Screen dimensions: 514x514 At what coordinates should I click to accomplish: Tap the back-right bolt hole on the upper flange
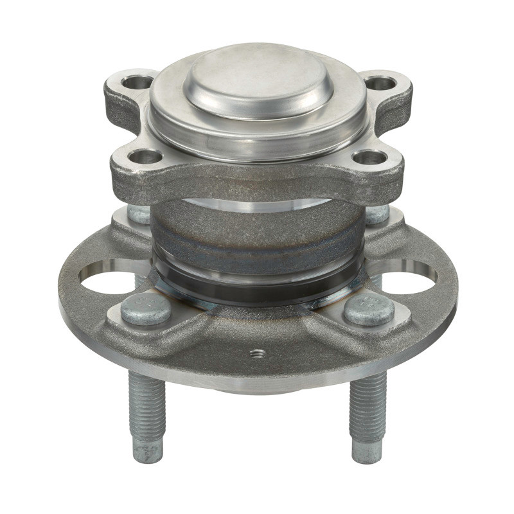click(380, 83)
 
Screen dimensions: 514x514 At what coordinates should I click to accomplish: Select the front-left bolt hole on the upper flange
click(145, 156)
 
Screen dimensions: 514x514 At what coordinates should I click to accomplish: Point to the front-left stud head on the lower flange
click(146, 310)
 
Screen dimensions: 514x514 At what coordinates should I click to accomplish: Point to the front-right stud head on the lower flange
click(369, 310)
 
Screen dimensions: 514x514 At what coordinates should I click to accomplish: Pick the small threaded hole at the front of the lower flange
click(258, 353)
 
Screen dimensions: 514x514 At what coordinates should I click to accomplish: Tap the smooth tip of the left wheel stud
click(148, 450)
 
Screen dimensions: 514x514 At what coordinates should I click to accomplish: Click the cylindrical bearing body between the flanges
click(257, 235)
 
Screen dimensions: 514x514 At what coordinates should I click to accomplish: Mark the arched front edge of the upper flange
click(257, 183)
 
